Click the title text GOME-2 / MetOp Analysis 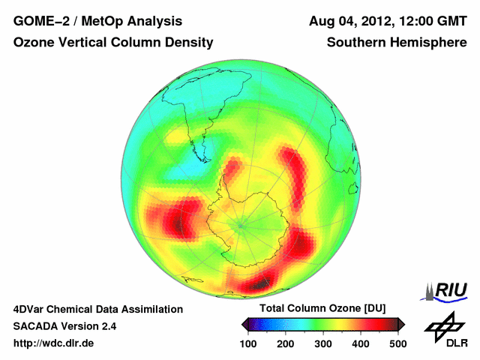pos(97,21)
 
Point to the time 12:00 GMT pos(431,21)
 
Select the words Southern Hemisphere pos(397,43)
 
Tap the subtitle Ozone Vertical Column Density pos(113,43)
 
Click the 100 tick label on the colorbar pos(247,343)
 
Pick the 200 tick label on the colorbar pos(285,343)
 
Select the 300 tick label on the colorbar pos(322,343)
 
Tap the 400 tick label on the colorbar pos(360,343)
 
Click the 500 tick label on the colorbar pos(397,343)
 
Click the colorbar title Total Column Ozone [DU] pos(322,309)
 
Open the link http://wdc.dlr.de pos(54,343)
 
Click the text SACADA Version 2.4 pos(64,326)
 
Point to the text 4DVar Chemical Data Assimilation pos(97,309)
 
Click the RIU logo pos(446,290)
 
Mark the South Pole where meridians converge pos(241,223)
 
